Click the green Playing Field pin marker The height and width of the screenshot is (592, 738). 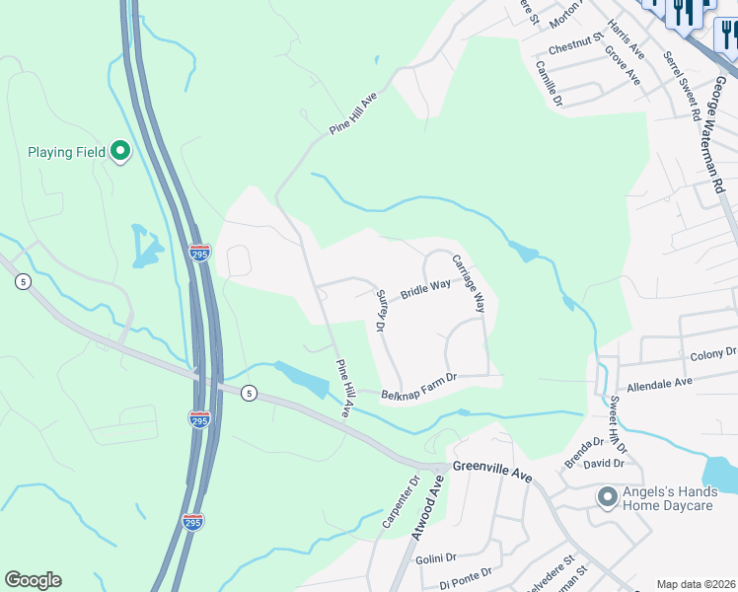120,151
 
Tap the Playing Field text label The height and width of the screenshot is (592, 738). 66,152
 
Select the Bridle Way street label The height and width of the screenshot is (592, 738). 424,289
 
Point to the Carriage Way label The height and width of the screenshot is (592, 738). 469,283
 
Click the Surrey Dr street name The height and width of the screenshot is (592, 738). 379,310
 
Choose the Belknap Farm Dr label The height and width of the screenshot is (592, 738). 419,384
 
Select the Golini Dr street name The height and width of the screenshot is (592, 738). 437,558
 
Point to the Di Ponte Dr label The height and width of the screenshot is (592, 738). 465,575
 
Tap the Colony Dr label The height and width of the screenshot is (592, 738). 712,353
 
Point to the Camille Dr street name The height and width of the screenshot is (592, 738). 548,83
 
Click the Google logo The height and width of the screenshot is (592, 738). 33,580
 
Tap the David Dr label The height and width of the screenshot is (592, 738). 604,463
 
